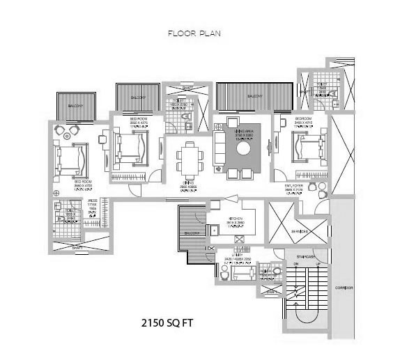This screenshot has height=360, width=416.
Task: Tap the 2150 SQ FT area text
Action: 170,324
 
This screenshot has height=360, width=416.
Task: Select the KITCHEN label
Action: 235,219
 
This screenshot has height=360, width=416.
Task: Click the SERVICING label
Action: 300,232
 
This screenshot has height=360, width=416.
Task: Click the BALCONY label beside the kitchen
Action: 191,232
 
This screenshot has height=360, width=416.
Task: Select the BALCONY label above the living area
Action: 254,96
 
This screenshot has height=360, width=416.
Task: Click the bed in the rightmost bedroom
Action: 307,148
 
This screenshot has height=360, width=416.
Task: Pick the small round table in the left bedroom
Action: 69,130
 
